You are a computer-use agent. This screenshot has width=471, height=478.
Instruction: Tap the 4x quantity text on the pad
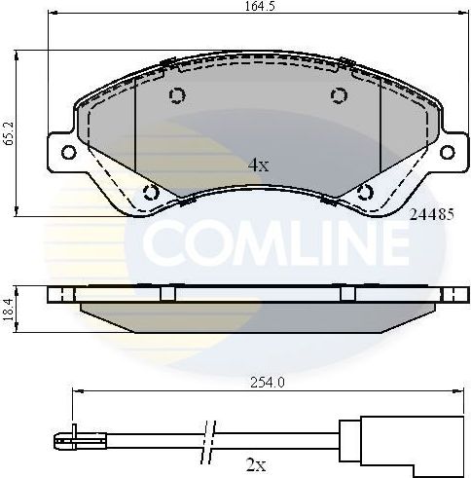click(257, 165)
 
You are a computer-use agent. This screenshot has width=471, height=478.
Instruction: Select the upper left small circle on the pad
click(177, 95)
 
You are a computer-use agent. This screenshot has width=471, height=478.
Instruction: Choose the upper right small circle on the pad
click(339, 95)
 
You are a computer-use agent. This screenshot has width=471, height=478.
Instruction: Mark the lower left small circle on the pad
click(149, 191)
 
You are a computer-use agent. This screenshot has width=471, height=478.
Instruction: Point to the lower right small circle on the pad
click(367, 191)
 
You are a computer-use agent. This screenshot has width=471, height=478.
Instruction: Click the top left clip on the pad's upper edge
click(166, 65)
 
